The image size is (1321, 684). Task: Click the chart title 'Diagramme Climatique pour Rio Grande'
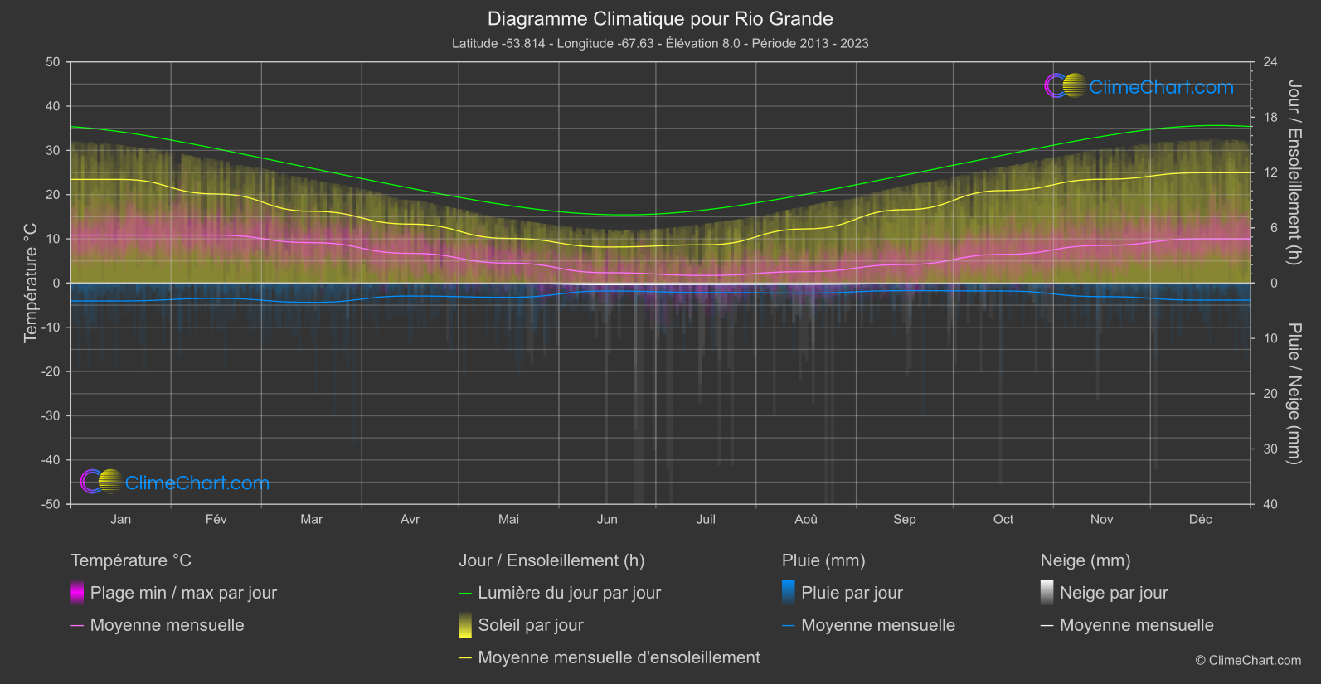660,18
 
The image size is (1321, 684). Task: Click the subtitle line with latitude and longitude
660,43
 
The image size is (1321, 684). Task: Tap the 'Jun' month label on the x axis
607,519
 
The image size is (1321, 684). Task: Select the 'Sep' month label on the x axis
905,519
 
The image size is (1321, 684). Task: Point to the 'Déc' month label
1200,519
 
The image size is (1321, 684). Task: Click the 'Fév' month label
216,519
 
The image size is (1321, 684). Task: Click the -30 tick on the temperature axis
51,415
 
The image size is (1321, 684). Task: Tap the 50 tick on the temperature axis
53,62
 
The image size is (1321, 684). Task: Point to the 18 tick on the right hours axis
1270,117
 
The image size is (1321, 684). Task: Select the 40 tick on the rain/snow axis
1270,504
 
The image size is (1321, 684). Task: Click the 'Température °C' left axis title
31,283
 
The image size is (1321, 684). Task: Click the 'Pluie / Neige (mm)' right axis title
1294,393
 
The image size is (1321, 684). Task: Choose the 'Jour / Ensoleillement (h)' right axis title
1294,172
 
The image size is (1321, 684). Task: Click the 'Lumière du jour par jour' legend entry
569,593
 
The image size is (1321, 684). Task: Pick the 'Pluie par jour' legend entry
852,593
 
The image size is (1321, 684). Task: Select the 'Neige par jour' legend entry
1114,593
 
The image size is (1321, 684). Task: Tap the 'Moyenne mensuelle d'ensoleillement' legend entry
619,657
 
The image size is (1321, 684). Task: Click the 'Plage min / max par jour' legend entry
183,593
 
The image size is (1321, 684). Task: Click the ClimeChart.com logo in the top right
1139,86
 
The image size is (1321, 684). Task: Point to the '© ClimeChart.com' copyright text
1248,660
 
